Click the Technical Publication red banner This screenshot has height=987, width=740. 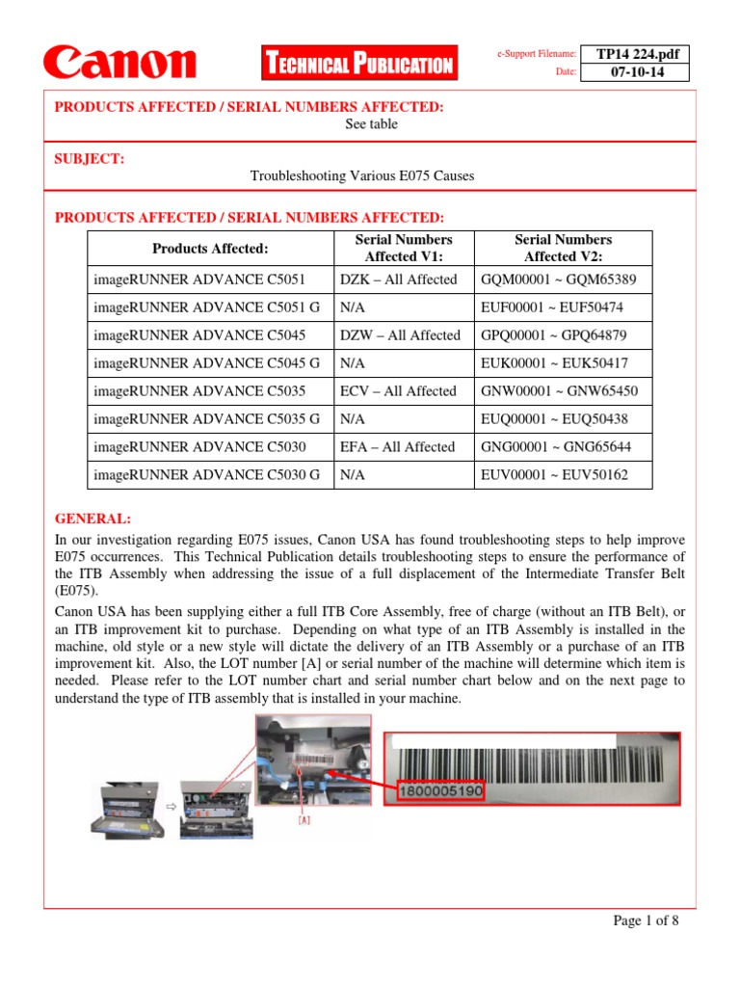click(358, 65)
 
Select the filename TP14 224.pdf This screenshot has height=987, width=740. click(637, 54)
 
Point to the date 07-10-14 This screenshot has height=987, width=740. click(637, 72)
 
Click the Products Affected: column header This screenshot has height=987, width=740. click(210, 249)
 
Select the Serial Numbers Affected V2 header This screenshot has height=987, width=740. click(563, 249)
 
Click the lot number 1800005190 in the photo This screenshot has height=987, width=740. click(439, 791)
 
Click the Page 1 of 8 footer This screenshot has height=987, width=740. click(647, 920)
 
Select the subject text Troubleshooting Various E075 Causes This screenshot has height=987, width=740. click(362, 176)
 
